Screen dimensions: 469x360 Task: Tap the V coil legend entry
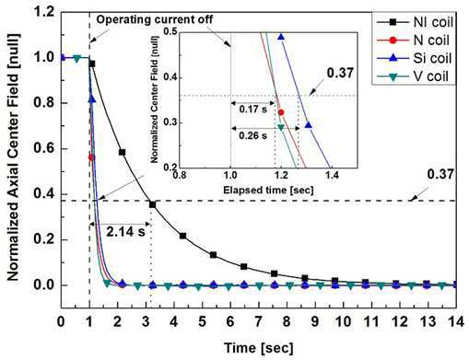point(413,76)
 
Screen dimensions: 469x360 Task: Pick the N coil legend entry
point(413,41)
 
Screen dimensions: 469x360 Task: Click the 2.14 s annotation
point(125,231)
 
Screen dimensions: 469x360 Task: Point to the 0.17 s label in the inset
point(253,109)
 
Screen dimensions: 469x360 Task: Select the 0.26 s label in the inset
point(253,135)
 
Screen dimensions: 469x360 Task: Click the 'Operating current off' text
point(155,19)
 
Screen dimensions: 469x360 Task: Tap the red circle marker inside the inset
point(281,112)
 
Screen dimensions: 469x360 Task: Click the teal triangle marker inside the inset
point(281,127)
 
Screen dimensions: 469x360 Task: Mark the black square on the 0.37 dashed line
point(152,204)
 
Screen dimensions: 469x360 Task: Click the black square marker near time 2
point(122,152)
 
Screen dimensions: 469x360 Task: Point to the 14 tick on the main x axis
point(456,322)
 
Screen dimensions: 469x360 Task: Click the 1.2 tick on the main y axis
point(44,12)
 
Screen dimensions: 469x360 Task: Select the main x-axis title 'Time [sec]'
point(259,348)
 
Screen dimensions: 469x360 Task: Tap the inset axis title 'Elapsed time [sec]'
point(268,190)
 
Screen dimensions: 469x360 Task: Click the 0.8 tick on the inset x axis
point(180,175)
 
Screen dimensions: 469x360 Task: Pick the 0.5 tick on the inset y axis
point(170,31)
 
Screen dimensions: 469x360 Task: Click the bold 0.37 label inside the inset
point(340,73)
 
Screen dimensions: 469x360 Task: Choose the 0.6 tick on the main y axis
point(44,149)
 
